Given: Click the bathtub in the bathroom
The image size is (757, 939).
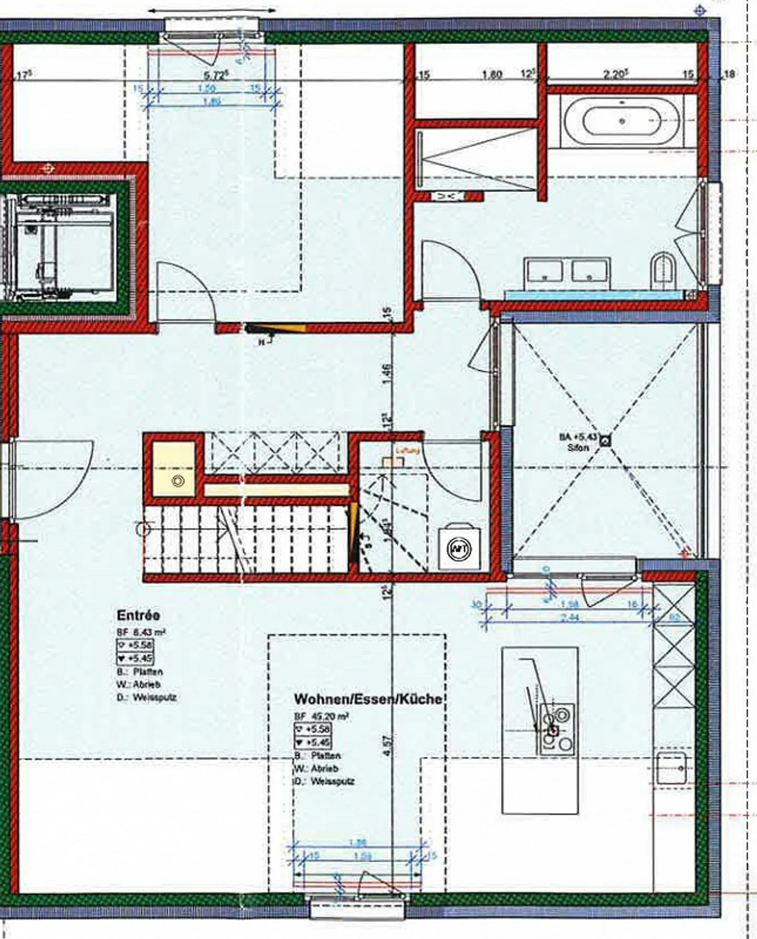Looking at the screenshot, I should [622, 121].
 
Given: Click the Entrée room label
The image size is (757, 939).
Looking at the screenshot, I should [138, 615].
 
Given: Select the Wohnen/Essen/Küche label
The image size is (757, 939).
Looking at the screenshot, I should [367, 699].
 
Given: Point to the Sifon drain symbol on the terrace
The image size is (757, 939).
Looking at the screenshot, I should [606, 441].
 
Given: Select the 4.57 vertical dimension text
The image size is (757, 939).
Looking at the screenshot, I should [387, 746].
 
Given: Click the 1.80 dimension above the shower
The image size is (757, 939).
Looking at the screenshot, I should [492, 75].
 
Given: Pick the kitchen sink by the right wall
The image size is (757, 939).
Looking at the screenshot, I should [672, 768].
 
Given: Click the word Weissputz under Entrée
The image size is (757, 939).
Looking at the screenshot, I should [155, 698].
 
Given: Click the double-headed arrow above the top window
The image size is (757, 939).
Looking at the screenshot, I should [212, 10].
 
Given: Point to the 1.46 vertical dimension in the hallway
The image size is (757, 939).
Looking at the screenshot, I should [387, 374].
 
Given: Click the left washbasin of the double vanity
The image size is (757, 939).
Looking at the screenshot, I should [544, 271].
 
